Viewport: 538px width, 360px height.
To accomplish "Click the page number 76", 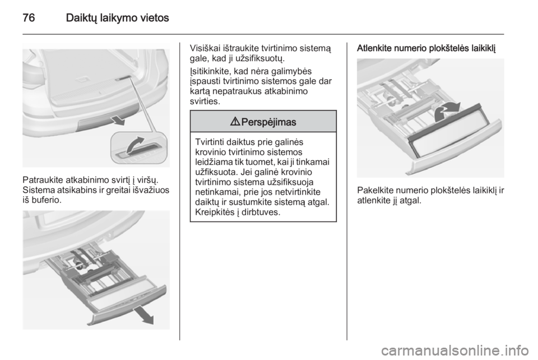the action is (x=29, y=17).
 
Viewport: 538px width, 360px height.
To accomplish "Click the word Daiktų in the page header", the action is (x=81, y=18).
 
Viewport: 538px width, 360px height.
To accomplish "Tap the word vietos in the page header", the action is (x=155, y=18).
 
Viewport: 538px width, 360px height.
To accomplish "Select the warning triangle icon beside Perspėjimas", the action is (x=236, y=122).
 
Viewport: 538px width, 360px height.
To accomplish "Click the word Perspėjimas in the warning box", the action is (x=268, y=122).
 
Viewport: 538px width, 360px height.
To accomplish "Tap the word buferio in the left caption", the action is (x=47, y=200).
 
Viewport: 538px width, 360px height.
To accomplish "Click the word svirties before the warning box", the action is (x=205, y=101).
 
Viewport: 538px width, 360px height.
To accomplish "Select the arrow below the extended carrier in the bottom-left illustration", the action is (x=143, y=316).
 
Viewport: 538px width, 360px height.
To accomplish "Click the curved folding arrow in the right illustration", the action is (x=446, y=112).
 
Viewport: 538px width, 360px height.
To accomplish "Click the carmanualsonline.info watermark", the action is (x=454, y=350).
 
